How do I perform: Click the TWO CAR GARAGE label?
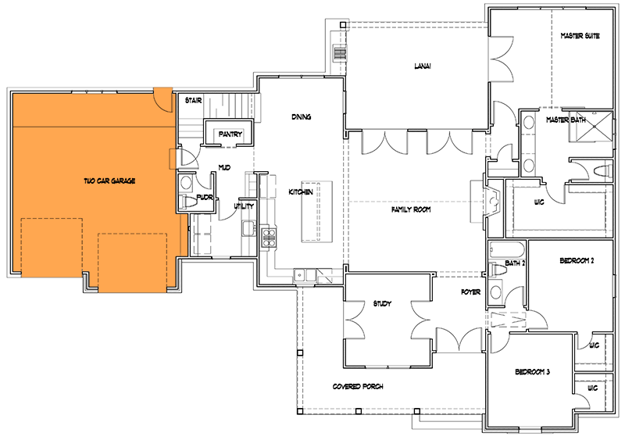[x=109, y=181]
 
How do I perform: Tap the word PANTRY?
[x=230, y=134]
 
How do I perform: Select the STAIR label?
[x=193, y=101]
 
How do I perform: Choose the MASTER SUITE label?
[x=580, y=37]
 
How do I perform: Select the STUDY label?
[x=381, y=303]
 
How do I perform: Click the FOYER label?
[x=469, y=295]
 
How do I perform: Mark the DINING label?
[x=302, y=117]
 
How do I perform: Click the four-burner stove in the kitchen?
[x=270, y=235]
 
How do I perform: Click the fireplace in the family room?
[x=489, y=197]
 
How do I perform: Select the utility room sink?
[x=247, y=227]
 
